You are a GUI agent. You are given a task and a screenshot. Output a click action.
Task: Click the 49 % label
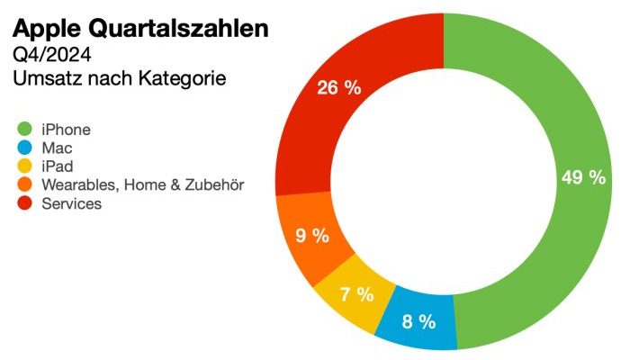coord(583,177)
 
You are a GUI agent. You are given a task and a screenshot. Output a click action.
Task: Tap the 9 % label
coord(312,238)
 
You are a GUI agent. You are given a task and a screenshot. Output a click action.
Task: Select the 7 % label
coord(356,293)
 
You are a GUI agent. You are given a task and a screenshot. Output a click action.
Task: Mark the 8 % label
coord(418,321)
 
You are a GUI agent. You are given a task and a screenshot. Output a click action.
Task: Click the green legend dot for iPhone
coord(24,129)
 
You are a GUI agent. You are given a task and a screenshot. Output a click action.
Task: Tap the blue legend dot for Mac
coord(24,148)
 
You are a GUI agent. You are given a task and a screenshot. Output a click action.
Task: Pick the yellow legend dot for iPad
coord(24,166)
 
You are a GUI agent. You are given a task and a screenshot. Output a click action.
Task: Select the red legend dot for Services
coord(24,204)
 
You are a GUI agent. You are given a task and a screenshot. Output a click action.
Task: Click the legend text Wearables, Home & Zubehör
coord(143,185)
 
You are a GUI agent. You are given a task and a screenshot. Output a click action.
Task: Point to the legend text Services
coord(72,204)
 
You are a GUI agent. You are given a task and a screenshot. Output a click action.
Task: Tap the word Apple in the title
coord(44,30)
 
